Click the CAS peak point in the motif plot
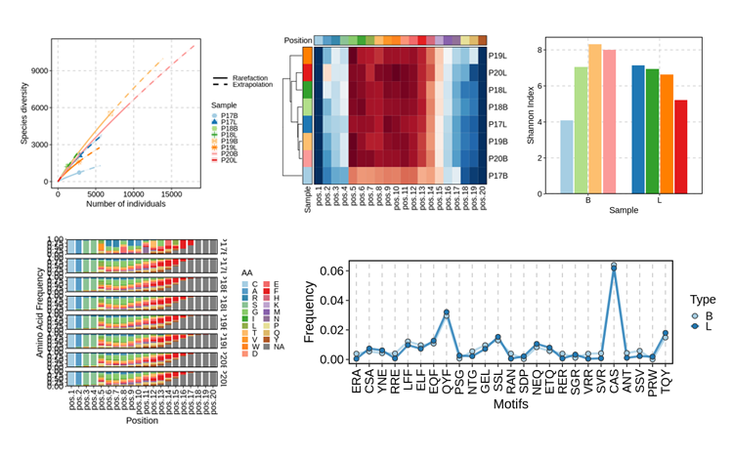pyautogui.click(x=614, y=265)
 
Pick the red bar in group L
pyautogui.click(x=680, y=146)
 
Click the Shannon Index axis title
pyautogui.click(x=532, y=118)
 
